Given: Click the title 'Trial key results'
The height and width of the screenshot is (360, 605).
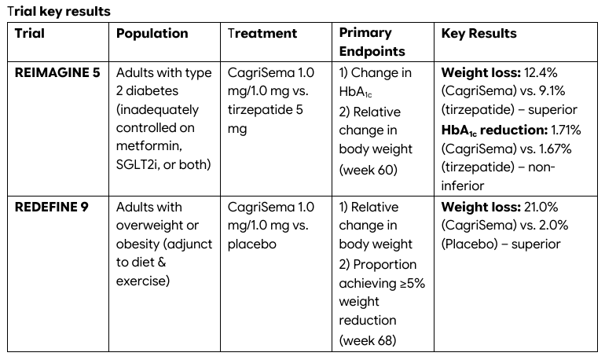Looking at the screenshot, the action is (59, 12).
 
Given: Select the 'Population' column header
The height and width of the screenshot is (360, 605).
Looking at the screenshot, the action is (152, 34).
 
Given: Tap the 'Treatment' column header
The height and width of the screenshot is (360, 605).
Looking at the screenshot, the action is (262, 34).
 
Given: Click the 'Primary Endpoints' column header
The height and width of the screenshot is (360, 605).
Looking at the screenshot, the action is (372, 42).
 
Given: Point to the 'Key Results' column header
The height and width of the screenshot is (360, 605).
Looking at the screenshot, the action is (478, 34).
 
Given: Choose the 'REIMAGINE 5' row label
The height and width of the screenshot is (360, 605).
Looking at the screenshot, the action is (57, 72).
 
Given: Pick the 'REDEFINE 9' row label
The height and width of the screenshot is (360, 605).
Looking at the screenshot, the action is (52, 208).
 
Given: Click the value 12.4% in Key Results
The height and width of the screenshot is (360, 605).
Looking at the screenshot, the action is (541, 72).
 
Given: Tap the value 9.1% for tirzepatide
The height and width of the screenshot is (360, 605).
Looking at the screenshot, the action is (552, 91).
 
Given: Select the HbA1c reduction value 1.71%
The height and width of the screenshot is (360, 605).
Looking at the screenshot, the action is (566, 130).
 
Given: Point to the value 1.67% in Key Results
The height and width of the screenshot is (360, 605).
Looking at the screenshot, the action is (555, 149).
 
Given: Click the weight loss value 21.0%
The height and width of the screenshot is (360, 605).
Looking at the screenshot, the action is (541, 208).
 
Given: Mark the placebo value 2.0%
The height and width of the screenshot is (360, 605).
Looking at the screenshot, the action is (555, 226).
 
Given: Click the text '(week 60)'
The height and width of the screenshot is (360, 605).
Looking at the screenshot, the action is (368, 170).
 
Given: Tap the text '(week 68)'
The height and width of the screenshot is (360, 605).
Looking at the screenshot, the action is (368, 340).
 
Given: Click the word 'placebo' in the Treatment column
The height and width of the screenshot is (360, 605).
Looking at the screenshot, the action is (252, 244).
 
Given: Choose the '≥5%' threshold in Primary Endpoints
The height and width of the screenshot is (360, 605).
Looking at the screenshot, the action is (412, 284).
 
